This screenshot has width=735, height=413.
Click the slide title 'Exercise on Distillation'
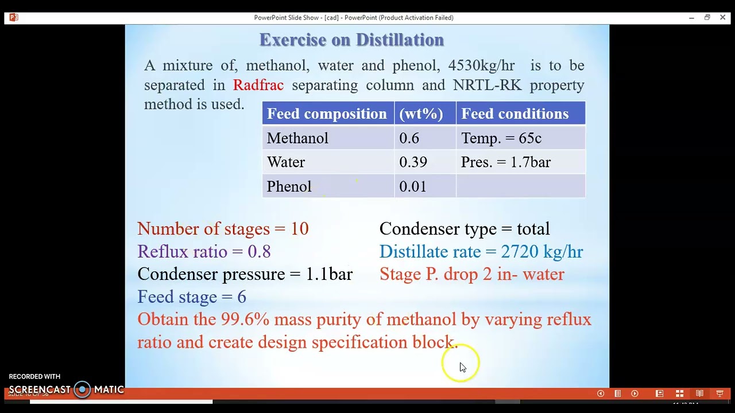351,40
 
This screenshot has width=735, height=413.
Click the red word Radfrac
258,85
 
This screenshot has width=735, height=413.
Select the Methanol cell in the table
297,138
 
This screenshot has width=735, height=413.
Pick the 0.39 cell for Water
413,162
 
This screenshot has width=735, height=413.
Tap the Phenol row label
289,186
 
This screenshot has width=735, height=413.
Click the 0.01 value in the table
412,186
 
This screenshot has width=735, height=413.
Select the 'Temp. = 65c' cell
501,138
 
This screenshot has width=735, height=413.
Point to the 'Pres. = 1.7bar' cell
505,162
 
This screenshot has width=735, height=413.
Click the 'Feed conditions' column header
514,114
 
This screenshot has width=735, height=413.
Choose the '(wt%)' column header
421,114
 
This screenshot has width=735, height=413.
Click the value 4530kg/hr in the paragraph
481,65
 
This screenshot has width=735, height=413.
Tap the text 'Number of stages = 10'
223,229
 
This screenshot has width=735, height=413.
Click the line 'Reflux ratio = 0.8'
204,251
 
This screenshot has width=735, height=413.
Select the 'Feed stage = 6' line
192,297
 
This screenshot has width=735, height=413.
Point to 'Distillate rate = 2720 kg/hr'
481,251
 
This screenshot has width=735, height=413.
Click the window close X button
722,18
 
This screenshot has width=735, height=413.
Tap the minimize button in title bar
691,18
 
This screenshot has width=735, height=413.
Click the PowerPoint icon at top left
14,18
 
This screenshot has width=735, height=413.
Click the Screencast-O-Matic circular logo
83,389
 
